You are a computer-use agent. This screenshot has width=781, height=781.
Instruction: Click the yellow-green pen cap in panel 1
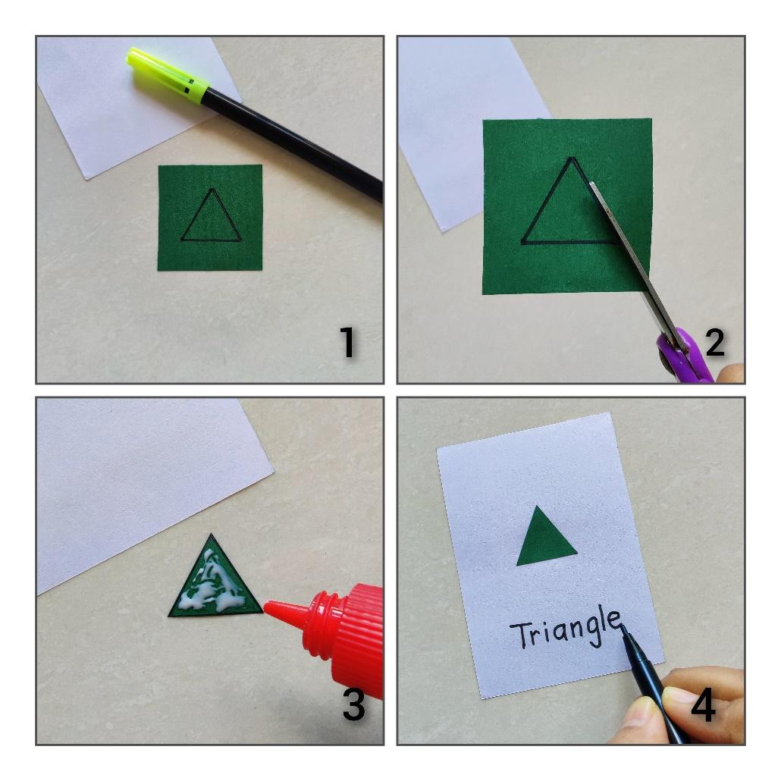pyautogui.click(x=167, y=76)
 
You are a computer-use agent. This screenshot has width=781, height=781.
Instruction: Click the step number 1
pyautogui.click(x=348, y=342)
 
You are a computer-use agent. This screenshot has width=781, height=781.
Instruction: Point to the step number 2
pyautogui.click(x=715, y=342)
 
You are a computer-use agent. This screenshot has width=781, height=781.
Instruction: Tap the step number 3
pyautogui.click(x=353, y=704)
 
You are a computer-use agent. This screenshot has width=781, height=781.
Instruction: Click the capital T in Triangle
pyautogui.click(x=520, y=635)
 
